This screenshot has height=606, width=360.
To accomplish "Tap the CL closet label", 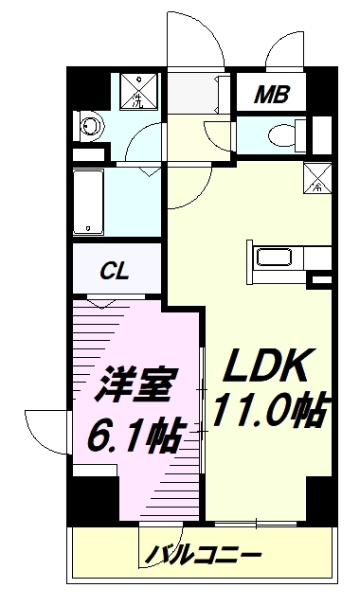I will point(116,271).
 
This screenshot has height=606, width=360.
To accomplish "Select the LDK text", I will point(266,365).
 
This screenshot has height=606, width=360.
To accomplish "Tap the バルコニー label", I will point(203,555).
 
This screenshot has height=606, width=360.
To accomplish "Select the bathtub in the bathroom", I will point(88,201).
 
